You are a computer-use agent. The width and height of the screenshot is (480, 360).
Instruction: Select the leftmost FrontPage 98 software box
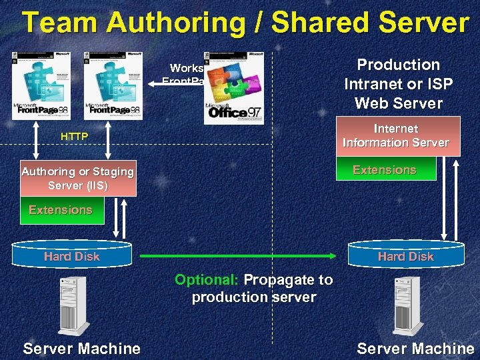click(41, 85)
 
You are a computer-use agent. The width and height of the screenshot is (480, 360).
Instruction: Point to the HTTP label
click(74, 136)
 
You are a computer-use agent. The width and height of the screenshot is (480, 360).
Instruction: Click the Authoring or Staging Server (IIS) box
click(78, 178)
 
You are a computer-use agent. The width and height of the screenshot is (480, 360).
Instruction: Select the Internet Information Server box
click(396, 136)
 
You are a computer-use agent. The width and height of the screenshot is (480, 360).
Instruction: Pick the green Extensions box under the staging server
click(61, 210)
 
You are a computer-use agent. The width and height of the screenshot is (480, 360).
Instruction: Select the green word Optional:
click(206, 280)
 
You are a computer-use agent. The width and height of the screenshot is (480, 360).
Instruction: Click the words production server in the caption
click(254, 297)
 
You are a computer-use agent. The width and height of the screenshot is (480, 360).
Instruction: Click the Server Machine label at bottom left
click(81, 348)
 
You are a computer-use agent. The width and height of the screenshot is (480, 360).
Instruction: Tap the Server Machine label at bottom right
click(415, 348)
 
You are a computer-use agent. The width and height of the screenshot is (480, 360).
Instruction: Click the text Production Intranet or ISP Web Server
click(399, 84)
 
